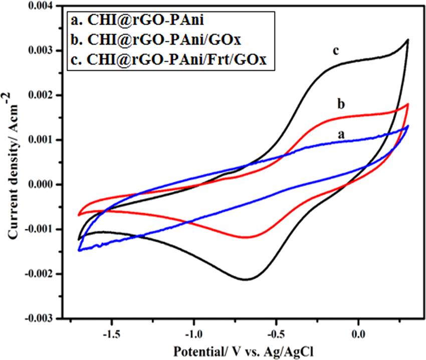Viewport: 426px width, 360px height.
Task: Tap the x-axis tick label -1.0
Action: pyautogui.click(x=192, y=332)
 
